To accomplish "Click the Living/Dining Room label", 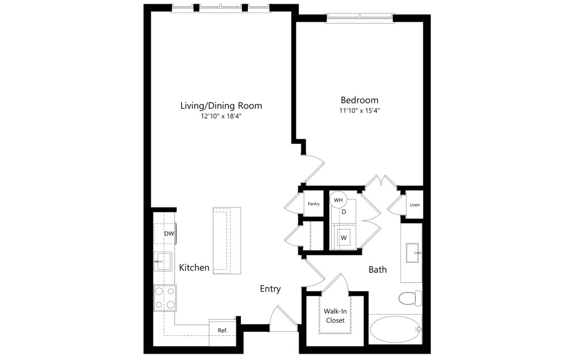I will [x=221, y=106].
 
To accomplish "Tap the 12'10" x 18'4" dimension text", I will [x=221, y=117].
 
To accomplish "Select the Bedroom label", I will [x=359, y=99].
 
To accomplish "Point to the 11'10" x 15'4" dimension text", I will [x=359, y=110].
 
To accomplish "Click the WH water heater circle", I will [x=338, y=200].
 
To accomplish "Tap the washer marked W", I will [x=344, y=236].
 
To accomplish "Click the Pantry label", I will [x=313, y=204].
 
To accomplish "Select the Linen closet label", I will [x=414, y=205].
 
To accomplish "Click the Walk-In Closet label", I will [x=335, y=315].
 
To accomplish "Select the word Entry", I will [x=270, y=289].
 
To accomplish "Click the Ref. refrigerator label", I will [x=222, y=330].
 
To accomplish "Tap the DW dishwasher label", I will [x=169, y=234].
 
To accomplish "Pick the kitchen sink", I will [x=163, y=261].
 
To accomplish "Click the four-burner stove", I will [x=164, y=298].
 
